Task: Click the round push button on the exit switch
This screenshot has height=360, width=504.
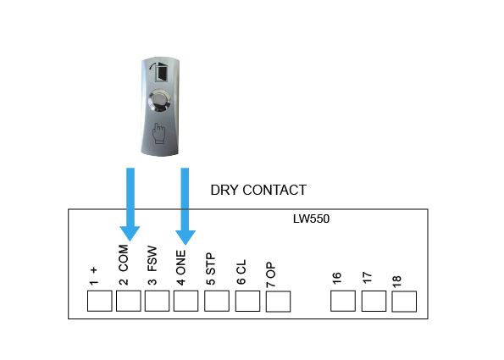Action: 160,101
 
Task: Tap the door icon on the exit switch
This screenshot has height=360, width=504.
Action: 161,72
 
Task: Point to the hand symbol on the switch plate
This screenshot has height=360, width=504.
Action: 158,133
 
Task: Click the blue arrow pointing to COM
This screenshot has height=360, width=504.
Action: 130,204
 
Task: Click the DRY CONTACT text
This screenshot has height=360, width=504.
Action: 258,190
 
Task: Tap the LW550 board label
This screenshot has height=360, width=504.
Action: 311,219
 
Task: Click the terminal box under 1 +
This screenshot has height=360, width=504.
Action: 100,301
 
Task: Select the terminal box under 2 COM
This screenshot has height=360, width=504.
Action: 128,301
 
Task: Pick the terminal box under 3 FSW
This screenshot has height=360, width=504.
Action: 157,301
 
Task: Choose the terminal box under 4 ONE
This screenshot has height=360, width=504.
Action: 186,301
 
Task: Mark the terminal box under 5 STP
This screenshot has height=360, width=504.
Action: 217,301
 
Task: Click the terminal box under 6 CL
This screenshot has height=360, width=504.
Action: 247,301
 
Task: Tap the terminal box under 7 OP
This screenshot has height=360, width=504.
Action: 278,302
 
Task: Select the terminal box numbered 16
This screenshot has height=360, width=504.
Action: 343,301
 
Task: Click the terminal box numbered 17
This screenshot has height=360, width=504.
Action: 374,301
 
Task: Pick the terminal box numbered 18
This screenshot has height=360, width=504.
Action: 404,302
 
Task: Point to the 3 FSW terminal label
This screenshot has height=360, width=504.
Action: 152,265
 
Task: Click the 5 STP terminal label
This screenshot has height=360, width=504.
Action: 211,269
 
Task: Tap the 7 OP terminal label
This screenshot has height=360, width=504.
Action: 271,274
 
